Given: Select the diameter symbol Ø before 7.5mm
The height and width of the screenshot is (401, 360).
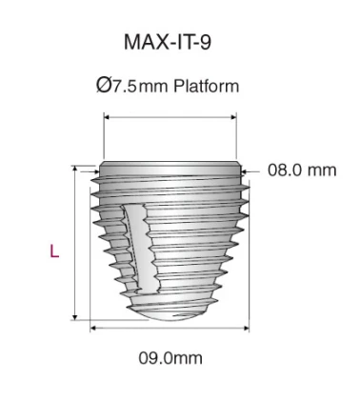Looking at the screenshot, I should [104, 87].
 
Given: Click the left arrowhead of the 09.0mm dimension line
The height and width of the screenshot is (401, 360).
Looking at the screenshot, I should [93, 328].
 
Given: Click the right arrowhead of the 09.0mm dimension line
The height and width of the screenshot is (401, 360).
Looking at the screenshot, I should [247, 328].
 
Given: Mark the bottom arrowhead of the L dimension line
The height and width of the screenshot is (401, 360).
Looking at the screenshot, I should [74, 318].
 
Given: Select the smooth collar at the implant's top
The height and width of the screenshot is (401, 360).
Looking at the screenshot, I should [169, 163].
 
